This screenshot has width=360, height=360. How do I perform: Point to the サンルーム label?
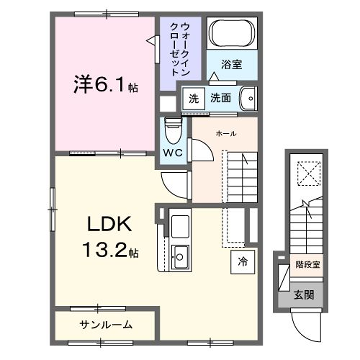pos(105,326)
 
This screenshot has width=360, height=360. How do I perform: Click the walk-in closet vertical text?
pos(183,48)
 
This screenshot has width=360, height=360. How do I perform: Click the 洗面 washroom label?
pos(221,98)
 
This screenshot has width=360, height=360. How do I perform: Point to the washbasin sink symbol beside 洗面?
pos(248,98)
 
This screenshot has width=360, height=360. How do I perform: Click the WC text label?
pos(172,153)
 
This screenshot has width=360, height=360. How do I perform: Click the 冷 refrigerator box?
pos(243,261)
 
